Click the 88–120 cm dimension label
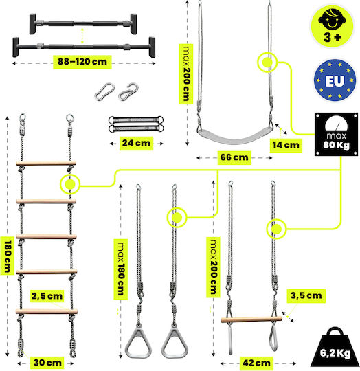pyautogui.click(x=82, y=62)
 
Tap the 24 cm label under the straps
pyautogui.click(x=136, y=143)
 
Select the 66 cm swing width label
pyautogui.click(x=234, y=157)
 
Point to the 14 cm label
pyautogui.click(x=286, y=145)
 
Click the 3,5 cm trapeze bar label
pyautogui.click(x=306, y=295)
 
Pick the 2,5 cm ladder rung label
pyautogui.click(x=47, y=296)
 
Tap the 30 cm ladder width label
pyautogui.click(x=47, y=363)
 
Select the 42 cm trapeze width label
pyautogui.click(x=256, y=363)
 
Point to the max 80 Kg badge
pyautogui.click(x=336, y=134)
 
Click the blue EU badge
pyautogui.click(x=335, y=80)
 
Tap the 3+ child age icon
pyautogui.click(x=332, y=26)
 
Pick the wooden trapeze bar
pyautogui.click(x=251, y=319)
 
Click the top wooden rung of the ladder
pyautogui.click(x=46, y=164)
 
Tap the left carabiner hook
pyautogui.click(x=104, y=92)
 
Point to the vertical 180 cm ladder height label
pyautogui.click(x=7, y=256)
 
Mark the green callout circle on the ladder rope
pyautogui.click(x=70, y=184)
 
